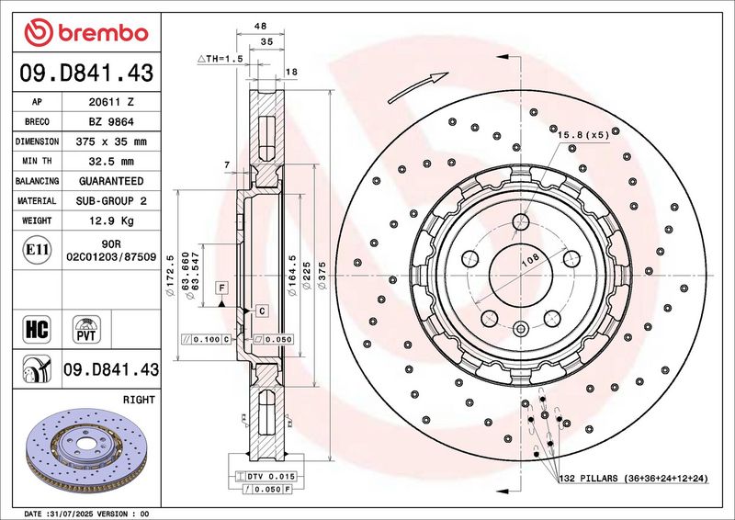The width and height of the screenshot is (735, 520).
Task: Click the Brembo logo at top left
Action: click(x=86, y=32)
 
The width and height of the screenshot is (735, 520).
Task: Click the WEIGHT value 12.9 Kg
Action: click(x=111, y=220)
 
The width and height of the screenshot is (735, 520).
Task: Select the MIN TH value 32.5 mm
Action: click(x=111, y=162)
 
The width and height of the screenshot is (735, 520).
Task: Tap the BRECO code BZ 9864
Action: click(x=111, y=122)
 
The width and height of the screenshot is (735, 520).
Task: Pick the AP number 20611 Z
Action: click(x=111, y=102)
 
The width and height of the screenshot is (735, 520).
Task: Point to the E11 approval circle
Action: click(x=37, y=250)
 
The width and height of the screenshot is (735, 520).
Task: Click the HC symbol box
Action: click(x=37, y=329)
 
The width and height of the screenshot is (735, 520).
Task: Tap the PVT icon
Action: click(x=86, y=329)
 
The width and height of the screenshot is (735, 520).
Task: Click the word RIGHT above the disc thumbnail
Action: click(x=139, y=400)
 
